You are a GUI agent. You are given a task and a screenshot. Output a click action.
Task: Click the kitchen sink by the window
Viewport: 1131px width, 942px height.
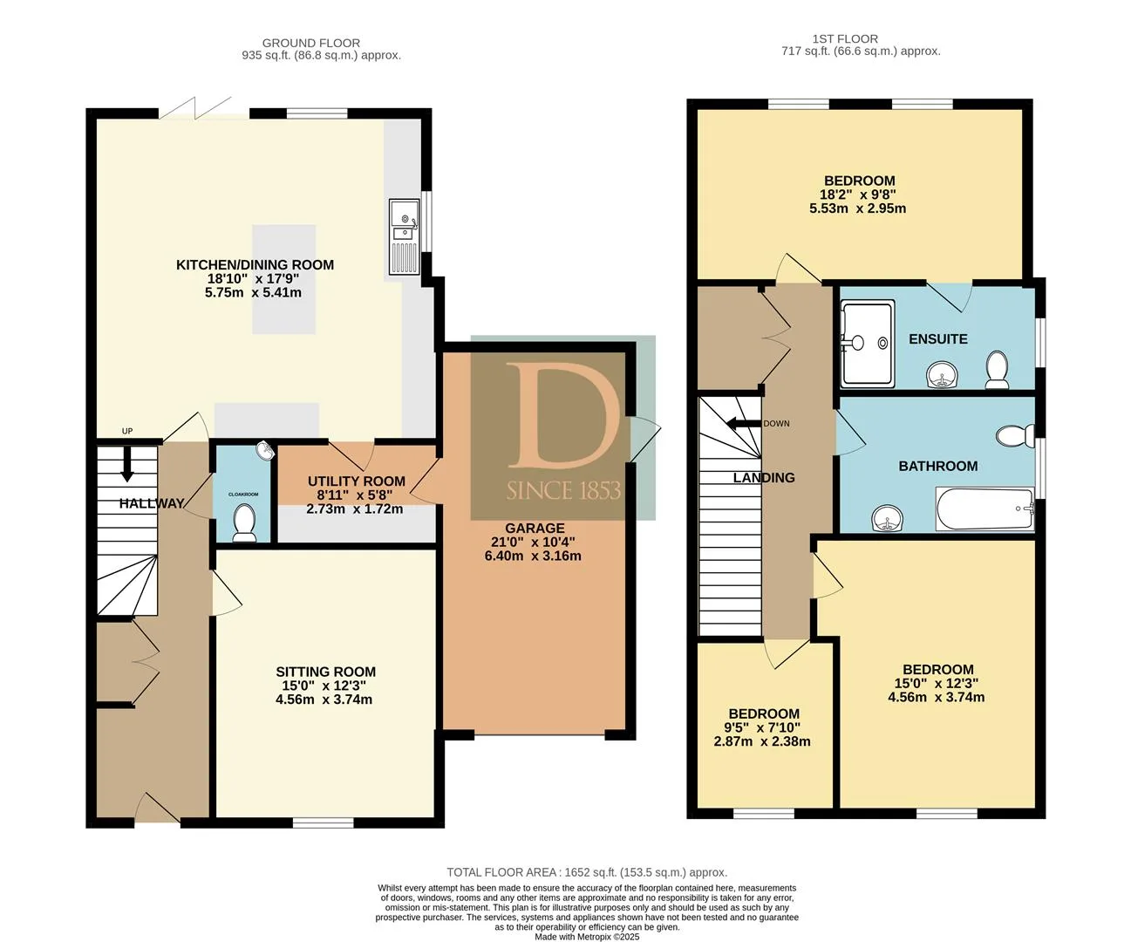[404, 236]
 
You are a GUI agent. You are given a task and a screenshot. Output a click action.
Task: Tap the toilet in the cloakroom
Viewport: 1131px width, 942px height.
[244, 523]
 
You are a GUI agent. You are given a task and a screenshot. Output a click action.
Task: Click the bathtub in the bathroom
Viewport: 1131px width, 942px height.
[985, 509]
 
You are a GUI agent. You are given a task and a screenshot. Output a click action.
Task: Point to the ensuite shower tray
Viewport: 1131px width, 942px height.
[867, 344]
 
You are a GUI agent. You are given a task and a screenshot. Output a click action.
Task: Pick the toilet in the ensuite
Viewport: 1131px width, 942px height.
[996, 370]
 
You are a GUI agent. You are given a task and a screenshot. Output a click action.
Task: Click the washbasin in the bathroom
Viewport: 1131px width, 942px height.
[889, 518]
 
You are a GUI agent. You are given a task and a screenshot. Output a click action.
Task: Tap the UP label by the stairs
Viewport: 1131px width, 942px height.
[127, 431]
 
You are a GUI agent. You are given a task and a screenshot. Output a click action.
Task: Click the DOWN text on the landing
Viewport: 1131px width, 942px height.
[776, 424]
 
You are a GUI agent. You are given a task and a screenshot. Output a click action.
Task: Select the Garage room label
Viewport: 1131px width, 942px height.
[535, 529]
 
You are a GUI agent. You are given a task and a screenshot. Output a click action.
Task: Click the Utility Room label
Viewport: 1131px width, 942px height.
[357, 481]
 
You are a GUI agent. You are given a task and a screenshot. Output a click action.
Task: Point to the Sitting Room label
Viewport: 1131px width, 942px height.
[325, 672]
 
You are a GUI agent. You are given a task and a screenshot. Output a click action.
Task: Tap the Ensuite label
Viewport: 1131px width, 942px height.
[937, 339]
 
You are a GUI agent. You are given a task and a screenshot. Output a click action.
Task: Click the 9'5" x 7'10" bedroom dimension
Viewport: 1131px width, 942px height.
[762, 727]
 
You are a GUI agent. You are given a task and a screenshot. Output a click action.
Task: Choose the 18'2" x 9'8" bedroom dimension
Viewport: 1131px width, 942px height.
[857, 195]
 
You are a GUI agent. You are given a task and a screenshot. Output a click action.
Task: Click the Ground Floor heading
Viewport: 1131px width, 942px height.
[311, 43]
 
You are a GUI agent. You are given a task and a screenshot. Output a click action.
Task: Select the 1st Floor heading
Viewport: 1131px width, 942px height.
[845, 39]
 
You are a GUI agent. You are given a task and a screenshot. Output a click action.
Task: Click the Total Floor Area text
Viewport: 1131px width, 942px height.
[587, 872]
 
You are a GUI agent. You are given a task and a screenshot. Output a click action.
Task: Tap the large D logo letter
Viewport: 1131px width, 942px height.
[562, 415]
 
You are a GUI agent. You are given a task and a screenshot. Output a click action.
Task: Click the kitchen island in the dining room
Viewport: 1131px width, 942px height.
[283, 279]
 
